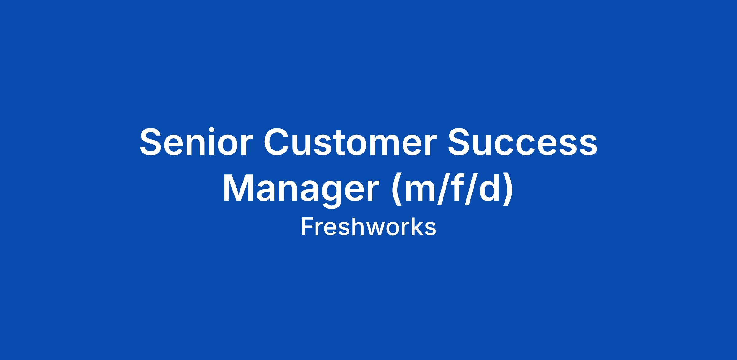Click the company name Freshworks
(x=368, y=227)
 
